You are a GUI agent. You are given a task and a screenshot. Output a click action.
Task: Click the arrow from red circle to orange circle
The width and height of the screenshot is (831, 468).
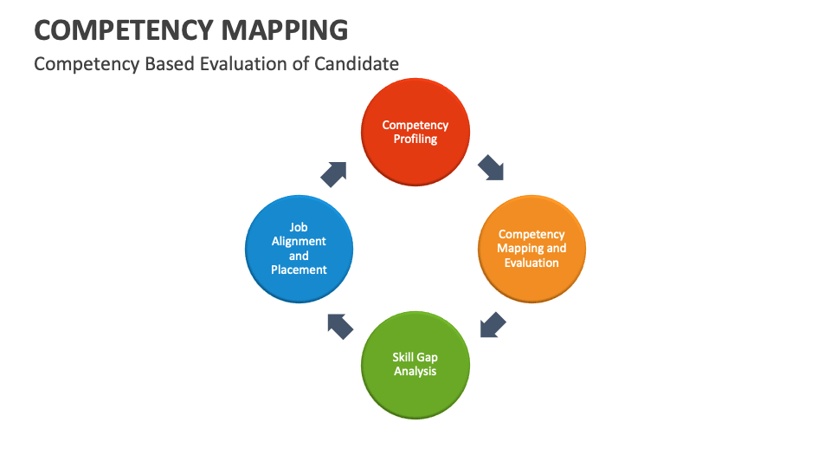(491, 166)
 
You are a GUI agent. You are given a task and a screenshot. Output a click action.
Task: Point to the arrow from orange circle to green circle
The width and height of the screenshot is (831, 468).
(493, 325)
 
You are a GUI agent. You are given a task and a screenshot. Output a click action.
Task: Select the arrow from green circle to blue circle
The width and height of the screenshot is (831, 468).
(341, 325)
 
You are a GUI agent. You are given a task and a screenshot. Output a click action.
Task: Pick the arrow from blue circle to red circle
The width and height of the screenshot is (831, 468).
(334, 173)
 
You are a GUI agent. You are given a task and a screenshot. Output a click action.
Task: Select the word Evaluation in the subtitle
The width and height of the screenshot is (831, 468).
(255, 63)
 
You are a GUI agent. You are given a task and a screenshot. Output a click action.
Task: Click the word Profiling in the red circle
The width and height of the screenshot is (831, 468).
(415, 139)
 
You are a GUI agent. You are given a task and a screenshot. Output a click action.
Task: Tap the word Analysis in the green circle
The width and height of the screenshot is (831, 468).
(415, 371)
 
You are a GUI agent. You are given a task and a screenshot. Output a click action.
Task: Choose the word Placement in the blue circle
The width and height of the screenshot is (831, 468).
(299, 270)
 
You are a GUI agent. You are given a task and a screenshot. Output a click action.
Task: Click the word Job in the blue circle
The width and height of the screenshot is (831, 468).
(299, 227)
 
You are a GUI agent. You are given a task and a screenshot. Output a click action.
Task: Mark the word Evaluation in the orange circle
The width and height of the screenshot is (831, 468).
(531, 263)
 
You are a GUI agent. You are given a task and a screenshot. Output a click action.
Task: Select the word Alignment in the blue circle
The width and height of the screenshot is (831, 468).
(299, 241)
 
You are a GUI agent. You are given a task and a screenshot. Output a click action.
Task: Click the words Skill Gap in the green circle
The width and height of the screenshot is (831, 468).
(415, 357)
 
